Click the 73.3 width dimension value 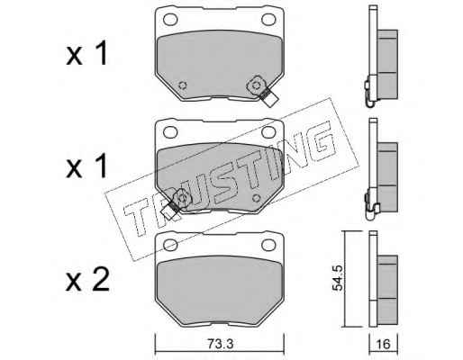pos(220,344)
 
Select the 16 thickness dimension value pos(383,344)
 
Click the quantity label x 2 pos(87,281)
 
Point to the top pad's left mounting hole pos(170,20)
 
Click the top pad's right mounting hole pos(268,20)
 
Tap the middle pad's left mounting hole pos(170,132)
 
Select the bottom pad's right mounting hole pos(268,245)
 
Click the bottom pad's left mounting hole pos(170,245)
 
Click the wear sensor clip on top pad pos(262,90)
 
